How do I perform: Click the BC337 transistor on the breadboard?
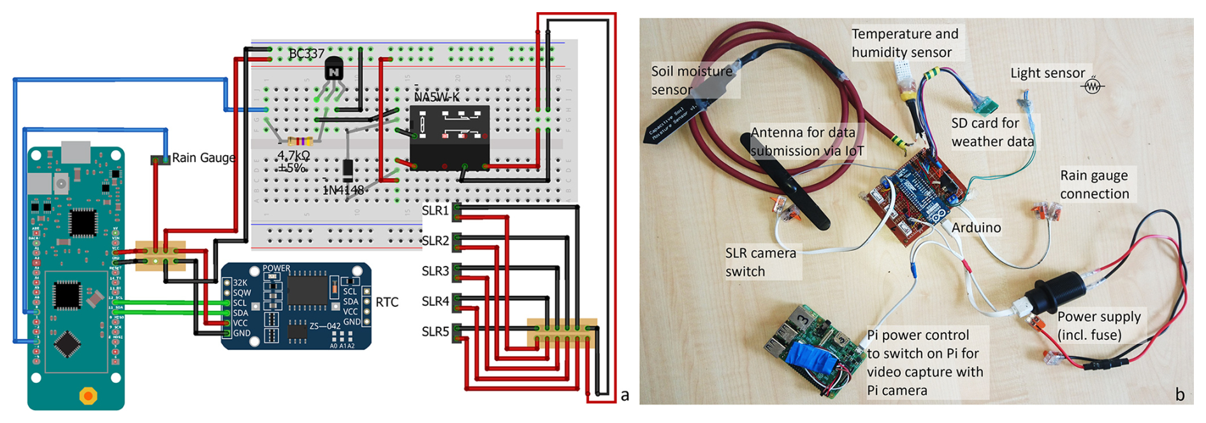333,68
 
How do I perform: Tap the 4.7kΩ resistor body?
300,141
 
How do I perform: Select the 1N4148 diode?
347,170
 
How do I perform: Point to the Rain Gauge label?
203,158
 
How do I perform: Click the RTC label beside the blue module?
387,302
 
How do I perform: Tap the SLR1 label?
435,211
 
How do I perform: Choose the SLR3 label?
435,271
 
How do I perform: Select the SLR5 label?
435,332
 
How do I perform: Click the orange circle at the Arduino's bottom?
88,396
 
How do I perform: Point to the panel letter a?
625,395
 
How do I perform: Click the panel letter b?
1180,395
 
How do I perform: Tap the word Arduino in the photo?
976,228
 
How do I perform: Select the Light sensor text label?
1047,73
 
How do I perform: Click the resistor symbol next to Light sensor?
1093,85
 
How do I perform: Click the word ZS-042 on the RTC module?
325,326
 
